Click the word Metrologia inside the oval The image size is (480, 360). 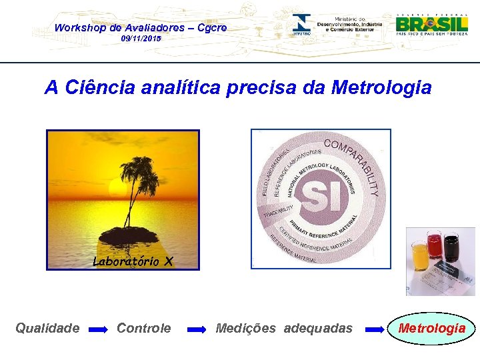click(431, 328)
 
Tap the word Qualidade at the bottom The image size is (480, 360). click(48, 328)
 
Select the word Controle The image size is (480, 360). click(143, 328)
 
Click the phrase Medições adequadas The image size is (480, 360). click(284, 328)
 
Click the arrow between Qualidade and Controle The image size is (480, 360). click(98, 329)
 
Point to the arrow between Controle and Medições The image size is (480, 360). click(197, 329)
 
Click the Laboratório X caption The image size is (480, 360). click(132, 261)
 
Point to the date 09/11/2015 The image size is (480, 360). click(141, 40)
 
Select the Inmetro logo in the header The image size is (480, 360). click(301, 25)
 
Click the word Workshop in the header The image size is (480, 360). click(79, 27)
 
